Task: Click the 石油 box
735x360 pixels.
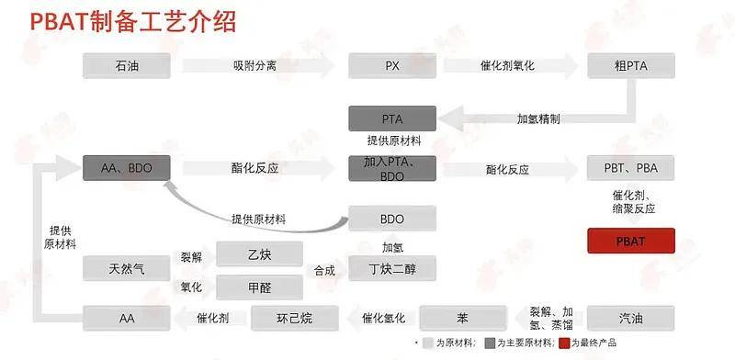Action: click(x=127, y=65)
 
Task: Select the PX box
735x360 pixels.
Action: click(x=391, y=65)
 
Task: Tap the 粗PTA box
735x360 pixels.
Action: click(x=631, y=65)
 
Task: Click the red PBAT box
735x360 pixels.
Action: click(x=631, y=241)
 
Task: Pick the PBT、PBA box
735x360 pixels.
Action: click(x=631, y=169)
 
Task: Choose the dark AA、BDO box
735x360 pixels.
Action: click(x=127, y=168)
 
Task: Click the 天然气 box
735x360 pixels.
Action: click(x=127, y=269)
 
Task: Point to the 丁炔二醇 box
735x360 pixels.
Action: click(x=391, y=269)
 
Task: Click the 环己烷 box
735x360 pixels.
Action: click(x=294, y=318)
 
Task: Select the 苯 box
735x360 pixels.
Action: click(x=462, y=318)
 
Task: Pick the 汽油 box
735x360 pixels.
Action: click(x=631, y=318)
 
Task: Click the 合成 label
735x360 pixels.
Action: click(x=323, y=270)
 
